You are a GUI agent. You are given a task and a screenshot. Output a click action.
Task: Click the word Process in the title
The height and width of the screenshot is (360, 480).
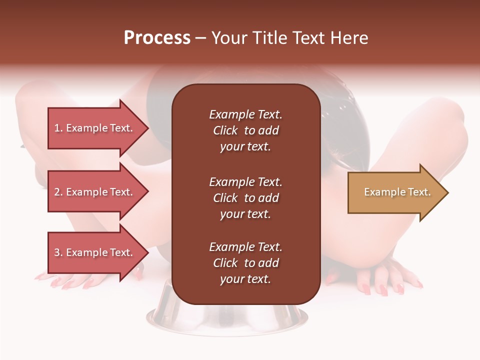157,38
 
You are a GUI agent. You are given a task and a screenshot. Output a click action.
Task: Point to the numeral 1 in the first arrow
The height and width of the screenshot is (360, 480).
57,128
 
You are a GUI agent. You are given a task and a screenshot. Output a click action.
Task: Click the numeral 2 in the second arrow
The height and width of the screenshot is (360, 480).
57,192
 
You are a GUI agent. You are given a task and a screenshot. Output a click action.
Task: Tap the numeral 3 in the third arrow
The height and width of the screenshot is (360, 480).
57,252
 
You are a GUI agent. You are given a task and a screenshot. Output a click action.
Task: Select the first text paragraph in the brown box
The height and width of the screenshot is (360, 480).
245,130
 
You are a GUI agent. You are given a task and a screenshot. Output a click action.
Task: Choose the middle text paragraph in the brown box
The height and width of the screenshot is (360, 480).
245,198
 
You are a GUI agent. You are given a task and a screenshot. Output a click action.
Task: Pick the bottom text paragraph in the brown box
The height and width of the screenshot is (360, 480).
245,263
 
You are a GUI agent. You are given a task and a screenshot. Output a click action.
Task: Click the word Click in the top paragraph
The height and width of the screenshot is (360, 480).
225,130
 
